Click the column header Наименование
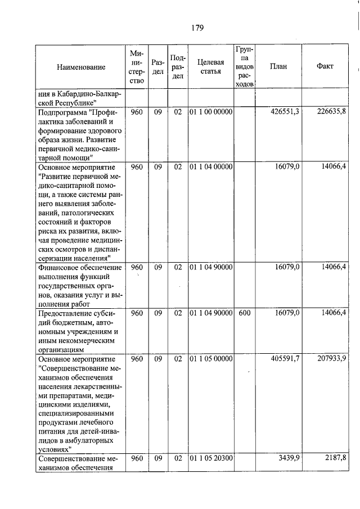click(x=80, y=67)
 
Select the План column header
click(x=278, y=66)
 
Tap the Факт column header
click(x=325, y=66)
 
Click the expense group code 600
click(x=244, y=313)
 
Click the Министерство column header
click(x=137, y=67)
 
